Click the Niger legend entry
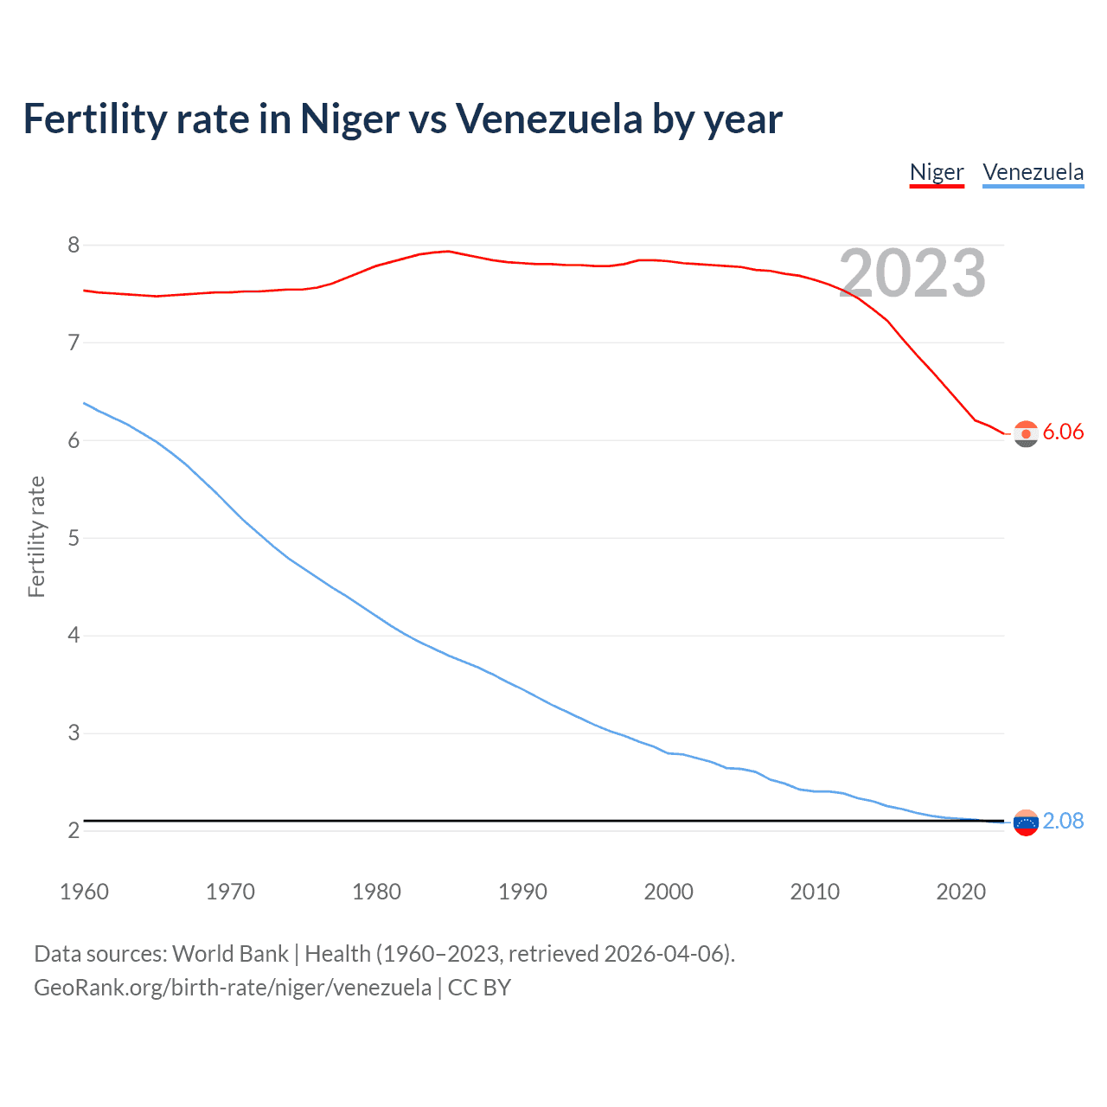[937, 172]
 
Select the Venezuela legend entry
[1033, 172]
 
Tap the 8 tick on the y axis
[74, 246]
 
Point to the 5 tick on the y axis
[74, 538]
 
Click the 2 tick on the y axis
[74, 831]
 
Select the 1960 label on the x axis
[84, 892]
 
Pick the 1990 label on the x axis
[522, 892]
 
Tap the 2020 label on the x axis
[961, 892]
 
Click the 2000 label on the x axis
[669, 892]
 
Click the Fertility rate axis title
[36, 536]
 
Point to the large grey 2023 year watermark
[912, 273]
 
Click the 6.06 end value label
[1063, 432]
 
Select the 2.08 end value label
[1063, 821]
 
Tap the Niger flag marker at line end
[1026, 434]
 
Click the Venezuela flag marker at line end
[1026, 823]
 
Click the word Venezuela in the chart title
[548, 119]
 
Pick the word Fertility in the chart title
[94, 119]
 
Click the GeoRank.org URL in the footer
[232, 988]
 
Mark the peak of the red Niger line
[448, 251]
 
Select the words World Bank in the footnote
[230, 954]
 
